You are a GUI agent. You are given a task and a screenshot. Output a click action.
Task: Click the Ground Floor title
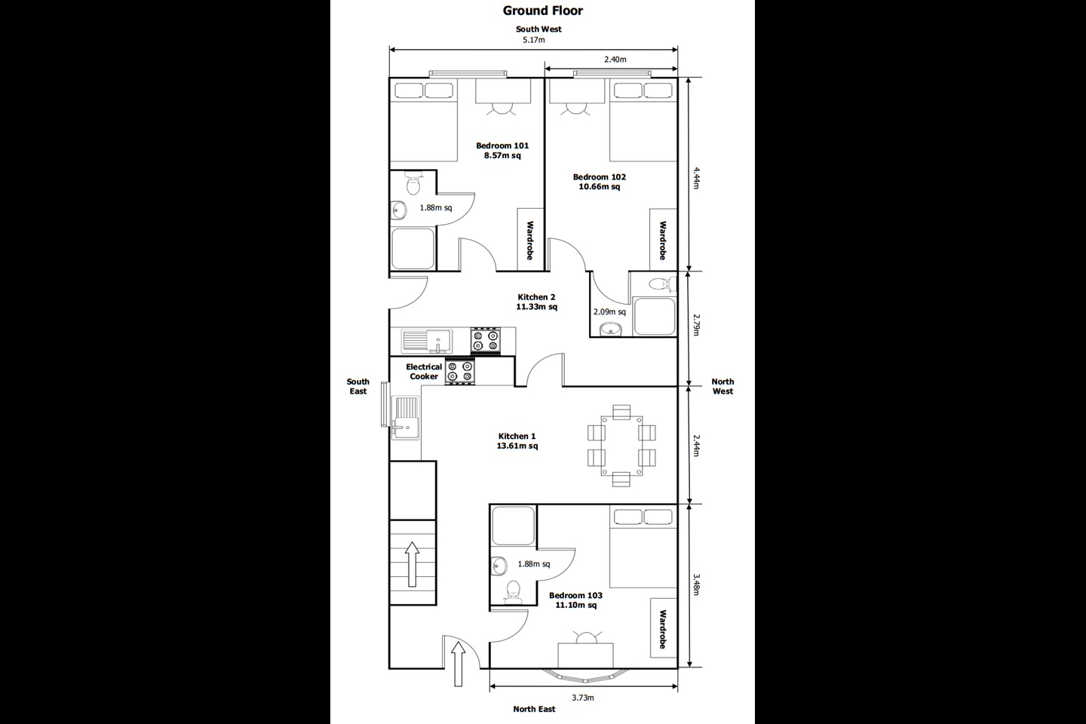tap(543, 11)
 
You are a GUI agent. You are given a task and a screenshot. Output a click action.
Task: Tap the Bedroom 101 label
tap(502, 151)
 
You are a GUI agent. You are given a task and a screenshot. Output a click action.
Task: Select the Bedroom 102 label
tap(599, 182)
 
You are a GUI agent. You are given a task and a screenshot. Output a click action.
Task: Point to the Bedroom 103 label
tap(575, 600)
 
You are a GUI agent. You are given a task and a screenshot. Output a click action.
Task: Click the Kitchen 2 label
tap(536, 302)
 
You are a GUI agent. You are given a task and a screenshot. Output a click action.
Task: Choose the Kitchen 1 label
tap(517, 441)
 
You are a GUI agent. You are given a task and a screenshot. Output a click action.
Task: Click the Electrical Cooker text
tap(424, 372)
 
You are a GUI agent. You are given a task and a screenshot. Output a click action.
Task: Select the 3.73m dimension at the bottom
tap(582, 698)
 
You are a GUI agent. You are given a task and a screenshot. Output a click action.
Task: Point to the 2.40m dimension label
tap(615, 59)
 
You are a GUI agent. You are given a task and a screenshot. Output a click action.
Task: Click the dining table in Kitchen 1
tap(621, 445)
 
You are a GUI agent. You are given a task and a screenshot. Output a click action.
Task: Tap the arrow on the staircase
tap(412, 563)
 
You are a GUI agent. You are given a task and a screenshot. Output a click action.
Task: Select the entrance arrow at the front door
tap(458, 664)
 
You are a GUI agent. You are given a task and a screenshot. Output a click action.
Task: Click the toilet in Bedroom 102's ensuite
tap(658, 284)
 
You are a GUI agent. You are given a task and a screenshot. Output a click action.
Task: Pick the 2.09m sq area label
tap(609, 311)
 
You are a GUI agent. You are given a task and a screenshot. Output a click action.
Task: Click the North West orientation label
tap(722, 386)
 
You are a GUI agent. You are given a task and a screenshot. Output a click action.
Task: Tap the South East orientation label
tap(358, 386)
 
